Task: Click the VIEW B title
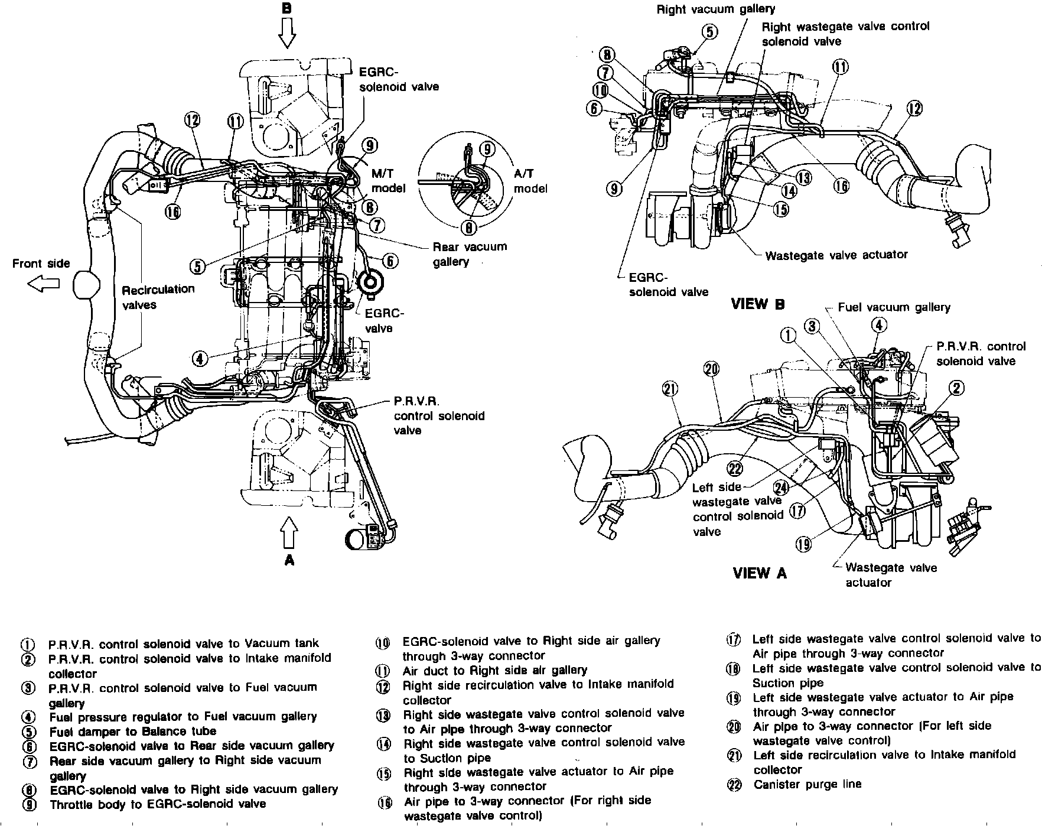pyautogui.click(x=758, y=304)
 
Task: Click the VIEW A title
pyautogui.click(x=760, y=573)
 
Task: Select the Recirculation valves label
pyautogui.click(x=158, y=297)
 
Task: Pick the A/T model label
pyautogui.click(x=530, y=180)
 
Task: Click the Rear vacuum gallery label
pyautogui.click(x=470, y=254)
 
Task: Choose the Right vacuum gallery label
pyautogui.click(x=715, y=9)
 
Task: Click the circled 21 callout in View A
pyautogui.click(x=670, y=389)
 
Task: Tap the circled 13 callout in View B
pyautogui.click(x=803, y=177)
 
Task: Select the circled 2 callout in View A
pyautogui.click(x=956, y=388)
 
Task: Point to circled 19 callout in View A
pyautogui.click(x=803, y=544)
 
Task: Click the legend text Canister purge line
pyautogui.click(x=807, y=785)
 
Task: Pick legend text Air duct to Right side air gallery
pyautogui.click(x=494, y=670)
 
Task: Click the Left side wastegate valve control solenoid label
pyautogui.click(x=737, y=509)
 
